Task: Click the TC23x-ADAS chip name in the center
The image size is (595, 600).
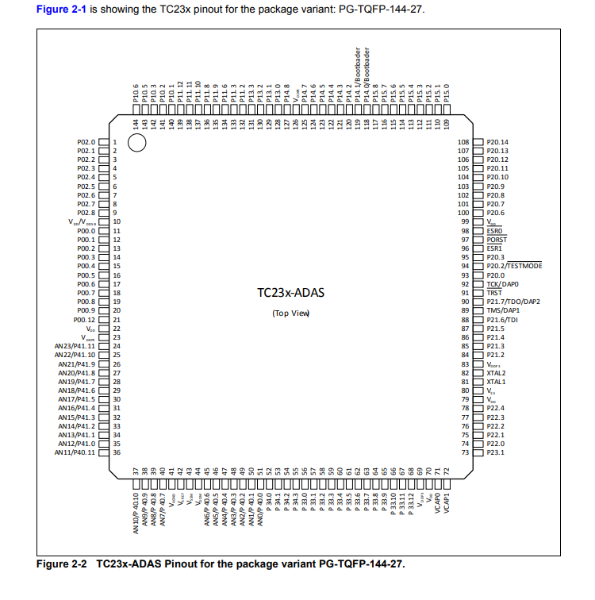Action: click(291, 293)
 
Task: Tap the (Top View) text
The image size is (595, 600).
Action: click(290, 313)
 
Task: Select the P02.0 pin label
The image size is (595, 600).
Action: click(86, 141)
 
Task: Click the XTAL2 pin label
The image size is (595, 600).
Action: click(496, 372)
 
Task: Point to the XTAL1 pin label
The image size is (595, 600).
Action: click(496, 382)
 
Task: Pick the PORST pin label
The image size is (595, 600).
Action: click(497, 239)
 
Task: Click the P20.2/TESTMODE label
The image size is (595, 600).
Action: click(514, 266)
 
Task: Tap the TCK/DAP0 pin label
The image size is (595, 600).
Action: click(502, 283)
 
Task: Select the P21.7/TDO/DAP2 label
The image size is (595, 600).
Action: click(513, 302)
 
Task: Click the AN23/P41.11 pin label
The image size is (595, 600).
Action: click(75, 346)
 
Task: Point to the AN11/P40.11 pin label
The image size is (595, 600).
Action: click(75, 452)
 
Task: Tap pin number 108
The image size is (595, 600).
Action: click(465, 141)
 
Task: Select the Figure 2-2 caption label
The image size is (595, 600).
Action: click(60, 564)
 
